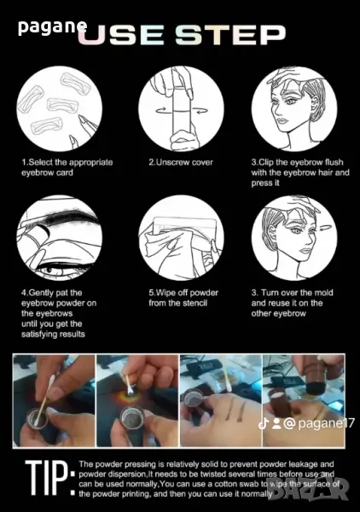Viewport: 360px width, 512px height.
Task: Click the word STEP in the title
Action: click(x=230, y=35)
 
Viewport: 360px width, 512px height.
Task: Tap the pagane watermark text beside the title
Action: click(x=52, y=27)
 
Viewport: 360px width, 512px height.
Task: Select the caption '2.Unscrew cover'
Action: click(x=181, y=162)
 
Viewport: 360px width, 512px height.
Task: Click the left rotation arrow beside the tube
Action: click(x=164, y=111)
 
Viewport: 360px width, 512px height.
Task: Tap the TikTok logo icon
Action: click(x=263, y=423)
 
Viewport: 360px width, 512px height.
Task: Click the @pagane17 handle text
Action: click(x=319, y=423)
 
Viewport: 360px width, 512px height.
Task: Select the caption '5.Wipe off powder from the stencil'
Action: click(x=183, y=298)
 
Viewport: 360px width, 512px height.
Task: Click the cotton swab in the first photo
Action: click(x=44, y=401)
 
